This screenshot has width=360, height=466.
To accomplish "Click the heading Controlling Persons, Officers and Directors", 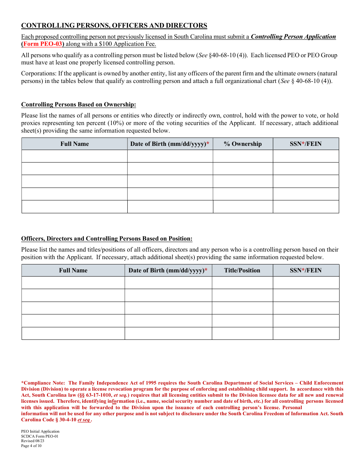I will (x=114, y=26).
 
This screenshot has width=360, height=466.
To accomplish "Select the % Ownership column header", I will (x=243, y=144).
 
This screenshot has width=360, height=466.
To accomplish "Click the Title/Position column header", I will (x=242, y=271).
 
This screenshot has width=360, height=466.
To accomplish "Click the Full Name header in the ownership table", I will (x=75, y=144).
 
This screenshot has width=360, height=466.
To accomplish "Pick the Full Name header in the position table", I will (x=73, y=271).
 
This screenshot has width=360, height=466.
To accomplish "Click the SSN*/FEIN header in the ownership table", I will (x=305, y=144).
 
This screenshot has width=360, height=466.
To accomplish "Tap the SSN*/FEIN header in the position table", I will (x=305, y=271).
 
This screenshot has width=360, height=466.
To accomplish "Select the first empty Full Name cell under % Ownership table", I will (x=75, y=156).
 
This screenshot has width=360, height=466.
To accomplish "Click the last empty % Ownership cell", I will (x=243, y=206).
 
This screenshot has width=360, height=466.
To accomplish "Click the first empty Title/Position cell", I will (x=242, y=283).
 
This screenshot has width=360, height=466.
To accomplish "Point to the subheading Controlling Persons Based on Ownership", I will (x=78, y=105).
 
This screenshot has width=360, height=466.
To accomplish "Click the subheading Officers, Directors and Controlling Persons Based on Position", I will (x=106, y=239).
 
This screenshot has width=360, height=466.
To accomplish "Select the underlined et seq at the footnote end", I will (x=84, y=420).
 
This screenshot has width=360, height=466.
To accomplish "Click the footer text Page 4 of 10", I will (x=31, y=446).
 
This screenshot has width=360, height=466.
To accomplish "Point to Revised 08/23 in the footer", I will (x=30, y=441).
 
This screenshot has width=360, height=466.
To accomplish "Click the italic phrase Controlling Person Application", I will (x=293, y=37).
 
